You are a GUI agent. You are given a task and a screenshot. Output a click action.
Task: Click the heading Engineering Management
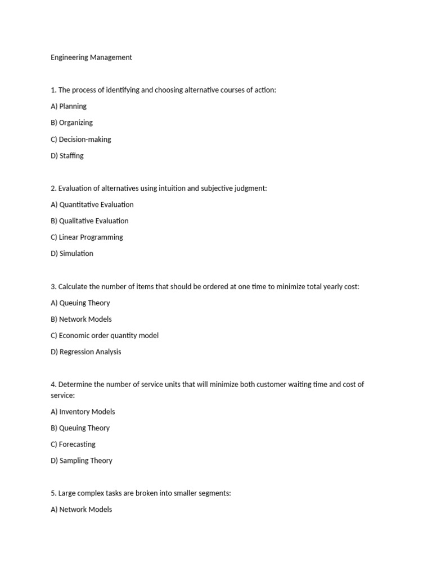(91, 57)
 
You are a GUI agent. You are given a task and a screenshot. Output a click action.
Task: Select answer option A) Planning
(69, 106)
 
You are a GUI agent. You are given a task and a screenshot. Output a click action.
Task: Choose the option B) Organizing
(71, 123)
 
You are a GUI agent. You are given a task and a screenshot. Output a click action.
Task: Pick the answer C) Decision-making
(81, 139)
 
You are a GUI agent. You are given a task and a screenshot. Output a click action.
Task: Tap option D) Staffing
(67, 155)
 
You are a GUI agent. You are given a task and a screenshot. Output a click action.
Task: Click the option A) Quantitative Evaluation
(92, 204)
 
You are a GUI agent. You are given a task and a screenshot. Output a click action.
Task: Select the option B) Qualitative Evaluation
(89, 220)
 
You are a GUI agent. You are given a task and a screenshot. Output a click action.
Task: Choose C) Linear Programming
(87, 237)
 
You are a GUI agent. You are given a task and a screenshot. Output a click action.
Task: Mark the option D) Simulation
(72, 253)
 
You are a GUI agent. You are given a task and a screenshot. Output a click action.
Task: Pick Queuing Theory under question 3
(80, 303)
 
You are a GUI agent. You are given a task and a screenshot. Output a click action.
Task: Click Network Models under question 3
(81, 319)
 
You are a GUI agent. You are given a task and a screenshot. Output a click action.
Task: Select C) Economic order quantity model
(105, 335)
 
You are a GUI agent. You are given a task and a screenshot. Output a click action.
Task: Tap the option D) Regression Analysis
(85, 352)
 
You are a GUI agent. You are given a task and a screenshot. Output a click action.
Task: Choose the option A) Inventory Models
(83, 412)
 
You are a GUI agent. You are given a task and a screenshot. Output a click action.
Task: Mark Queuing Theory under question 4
(80, 428)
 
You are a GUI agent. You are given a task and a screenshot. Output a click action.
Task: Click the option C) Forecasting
(73, 444)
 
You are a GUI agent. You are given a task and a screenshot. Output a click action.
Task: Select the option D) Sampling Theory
(82, 461)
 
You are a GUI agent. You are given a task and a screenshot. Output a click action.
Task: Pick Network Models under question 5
(82, 510)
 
